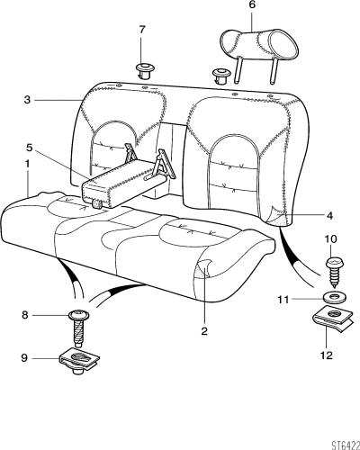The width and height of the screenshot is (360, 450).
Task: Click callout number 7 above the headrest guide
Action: point(142,30)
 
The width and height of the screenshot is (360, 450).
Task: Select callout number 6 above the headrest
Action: point(252,5)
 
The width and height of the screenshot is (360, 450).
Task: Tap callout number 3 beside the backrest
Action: point(27,100)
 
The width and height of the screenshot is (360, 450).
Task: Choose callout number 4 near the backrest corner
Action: point(329,215)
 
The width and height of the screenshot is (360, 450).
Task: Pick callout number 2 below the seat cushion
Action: point(204,331)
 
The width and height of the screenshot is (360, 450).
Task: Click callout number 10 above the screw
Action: point(330,239)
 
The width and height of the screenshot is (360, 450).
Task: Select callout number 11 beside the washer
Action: point(283,300)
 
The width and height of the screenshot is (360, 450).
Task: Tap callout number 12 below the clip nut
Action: point(327,355)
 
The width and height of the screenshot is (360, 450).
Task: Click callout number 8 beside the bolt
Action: point(25,315)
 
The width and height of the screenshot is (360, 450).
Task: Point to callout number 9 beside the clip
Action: point(24,358)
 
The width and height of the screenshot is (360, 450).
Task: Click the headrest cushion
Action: point(260,45)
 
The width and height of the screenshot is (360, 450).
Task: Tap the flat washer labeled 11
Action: point(335,298)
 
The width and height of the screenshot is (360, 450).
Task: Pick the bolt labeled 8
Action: point(79,328)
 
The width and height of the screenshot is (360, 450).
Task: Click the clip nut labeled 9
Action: point(79,361)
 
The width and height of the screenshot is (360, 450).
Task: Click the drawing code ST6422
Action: point(346,445)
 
